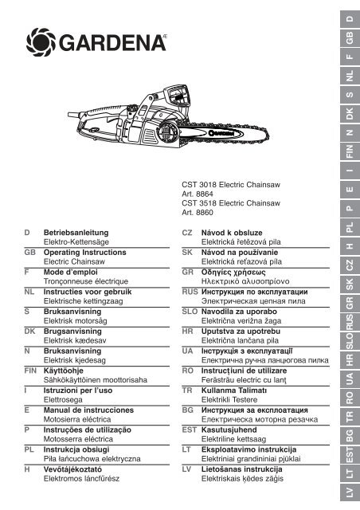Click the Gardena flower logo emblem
pyautogui.click(x=41, y=42)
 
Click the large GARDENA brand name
pyautogui.click(x=112, y=42)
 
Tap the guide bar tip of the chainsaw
pyautogui.click(x=268, y=135)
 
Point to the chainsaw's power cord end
pyautogui.click(x=69, y=115)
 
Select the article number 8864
pyautogui.click(x=205, y=194)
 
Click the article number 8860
pyautogui.click(x=205, y=213)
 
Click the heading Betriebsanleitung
pyautogui.click(x=76, y=233)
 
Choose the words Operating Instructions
pyautogui.click(x=85, y=253)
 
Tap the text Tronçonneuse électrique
pyautogui.click(x=86, y=281)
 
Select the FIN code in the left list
pyautogui.click(x=30, y=371)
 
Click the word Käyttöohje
pyautogui.click(x=64, y=371)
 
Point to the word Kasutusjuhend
pyautogui.click(x=229, y=430)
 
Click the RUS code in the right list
pyautogui.click(x=190, y=292)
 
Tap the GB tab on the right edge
pyautogui.click(x=350, y=38)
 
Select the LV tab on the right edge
pyautogui.click(x=350, y=492)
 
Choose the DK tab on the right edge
pyautogui.click(x=350, y=114)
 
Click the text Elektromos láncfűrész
pyautogui.click(x=81, y=479)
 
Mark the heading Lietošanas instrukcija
pyautogui.click(x=241, y=469)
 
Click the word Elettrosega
pyautogui.click(x=63, y=400)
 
